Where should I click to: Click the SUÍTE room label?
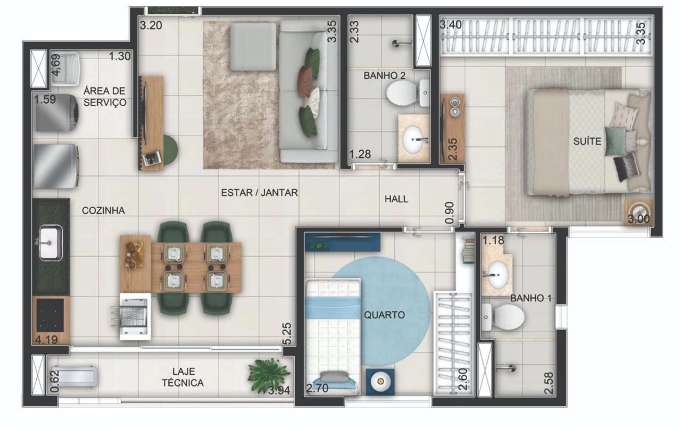pos(587,141)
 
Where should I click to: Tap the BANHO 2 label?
pos(385,76)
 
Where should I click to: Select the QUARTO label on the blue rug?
pos(384,315)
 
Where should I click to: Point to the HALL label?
pos(396,199)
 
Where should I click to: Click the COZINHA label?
pos(103,210)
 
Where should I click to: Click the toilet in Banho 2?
pos(408,93)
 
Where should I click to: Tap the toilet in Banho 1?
pos(503,317)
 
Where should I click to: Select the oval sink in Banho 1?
pos(497,276)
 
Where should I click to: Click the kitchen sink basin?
pos(51,243)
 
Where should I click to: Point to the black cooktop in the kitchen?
pos(50,315)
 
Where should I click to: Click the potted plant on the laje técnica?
pos(269,375)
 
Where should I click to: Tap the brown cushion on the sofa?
pos(305,81)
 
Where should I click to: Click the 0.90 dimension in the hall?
pos(450,212)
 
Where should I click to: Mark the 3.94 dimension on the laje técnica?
pos(279,390)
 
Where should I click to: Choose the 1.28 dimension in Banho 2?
pos(360,154)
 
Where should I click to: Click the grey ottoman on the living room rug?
pos(253,47)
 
